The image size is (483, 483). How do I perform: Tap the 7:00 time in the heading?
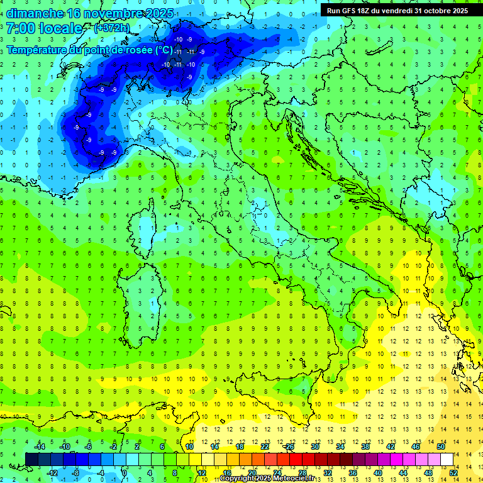pyautogui.click(x=22, y=28)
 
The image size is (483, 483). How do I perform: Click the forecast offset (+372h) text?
pyautogui.click(x=112, y=28)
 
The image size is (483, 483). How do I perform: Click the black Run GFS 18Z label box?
pyautogui.click(x=397, y=10)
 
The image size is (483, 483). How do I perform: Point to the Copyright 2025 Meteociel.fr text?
pyautogui.click(x=267, y=478)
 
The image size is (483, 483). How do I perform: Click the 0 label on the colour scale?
pyautogui.click(x=125, y=472)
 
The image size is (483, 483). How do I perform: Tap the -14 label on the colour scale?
pyautogui.click(x=40, y=447)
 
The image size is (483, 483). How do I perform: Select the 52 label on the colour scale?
pyautogui.click(x=453, y=472)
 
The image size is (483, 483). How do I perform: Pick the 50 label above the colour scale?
pyautogui.click(x=441, y=447)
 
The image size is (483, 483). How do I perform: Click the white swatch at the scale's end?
pyautogui.click(x=447, y=459)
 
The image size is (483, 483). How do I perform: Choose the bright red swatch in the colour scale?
pyautogui.click(x=296, y=459)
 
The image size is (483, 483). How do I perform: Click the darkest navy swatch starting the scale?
pyautogui.click(x=31, y=459)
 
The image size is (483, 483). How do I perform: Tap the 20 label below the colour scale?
pyautogui.click(x=252, y=472)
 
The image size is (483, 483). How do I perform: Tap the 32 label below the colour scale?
pyautogui.click(x=327, y=472)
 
